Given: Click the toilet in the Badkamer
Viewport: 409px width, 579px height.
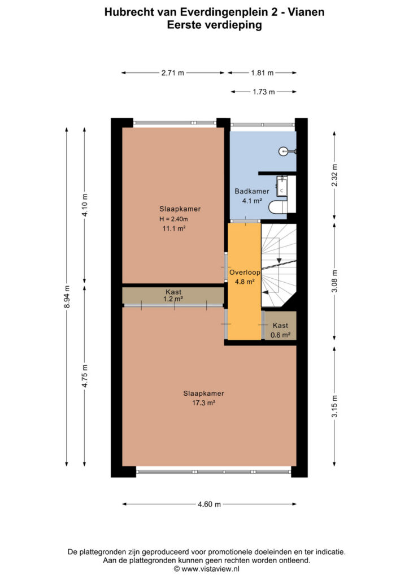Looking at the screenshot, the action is tap(278, 207).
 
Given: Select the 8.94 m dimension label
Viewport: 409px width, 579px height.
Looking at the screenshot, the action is tap(67, 296).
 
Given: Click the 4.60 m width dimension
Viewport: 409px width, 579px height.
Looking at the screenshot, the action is tap(209, 504).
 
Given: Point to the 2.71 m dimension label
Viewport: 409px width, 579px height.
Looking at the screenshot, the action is tap(173, 73).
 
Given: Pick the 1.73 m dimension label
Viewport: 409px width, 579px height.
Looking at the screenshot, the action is tap(264, 92).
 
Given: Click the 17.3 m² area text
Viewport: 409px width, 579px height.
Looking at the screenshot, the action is tap(203, 403).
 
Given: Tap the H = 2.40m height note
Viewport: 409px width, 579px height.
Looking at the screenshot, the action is tap(173, 219).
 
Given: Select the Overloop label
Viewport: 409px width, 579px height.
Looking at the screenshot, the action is tap(245, 273).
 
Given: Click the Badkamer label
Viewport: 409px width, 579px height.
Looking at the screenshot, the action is tap(252, 191).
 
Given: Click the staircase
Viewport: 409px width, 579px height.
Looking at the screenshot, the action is tap(279, 265).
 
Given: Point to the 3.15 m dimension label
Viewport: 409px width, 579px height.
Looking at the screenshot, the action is tap(334, 406).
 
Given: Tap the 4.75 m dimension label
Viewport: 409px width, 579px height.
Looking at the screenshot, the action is tap(85, 376).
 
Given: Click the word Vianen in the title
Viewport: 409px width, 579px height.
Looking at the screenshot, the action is tap(306, 12).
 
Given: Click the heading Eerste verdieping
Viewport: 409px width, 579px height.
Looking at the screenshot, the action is tap(214, 25).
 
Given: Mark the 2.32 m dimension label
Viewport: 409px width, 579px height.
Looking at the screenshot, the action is tap(334, 175).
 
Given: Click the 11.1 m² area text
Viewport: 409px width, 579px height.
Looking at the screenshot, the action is tap(173, 228).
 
